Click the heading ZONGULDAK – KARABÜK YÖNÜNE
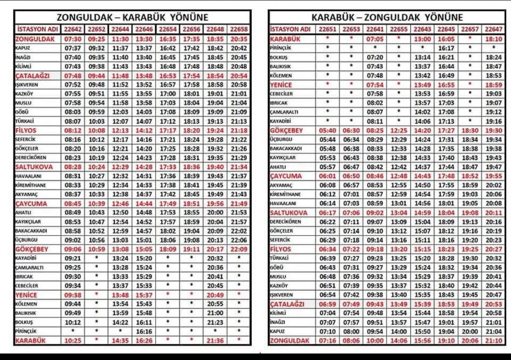pos(133,17)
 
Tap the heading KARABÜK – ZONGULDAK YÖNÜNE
pos(387,17)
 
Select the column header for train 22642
pos(73,29)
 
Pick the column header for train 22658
pos(239,29)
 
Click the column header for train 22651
pos(328,29)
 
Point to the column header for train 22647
pos(494,29)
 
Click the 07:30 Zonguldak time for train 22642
pos(73,39)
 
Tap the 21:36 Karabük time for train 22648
pos(215,341)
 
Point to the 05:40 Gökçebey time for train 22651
pos(328,131)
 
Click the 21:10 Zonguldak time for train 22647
pos(494,341)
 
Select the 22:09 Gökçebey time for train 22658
pos(239,249)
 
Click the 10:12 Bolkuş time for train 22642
pos(73,322)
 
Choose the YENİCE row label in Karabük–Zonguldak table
pos(281,85)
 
